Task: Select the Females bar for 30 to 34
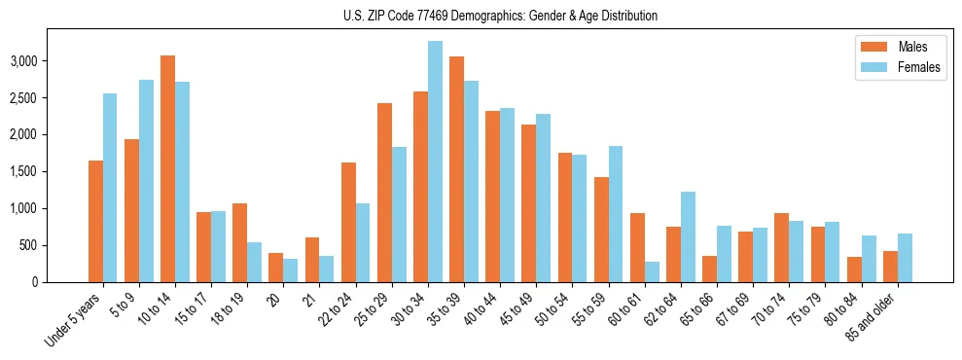point(435,162)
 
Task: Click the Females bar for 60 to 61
point(652,271)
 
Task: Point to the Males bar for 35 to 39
point(456,169)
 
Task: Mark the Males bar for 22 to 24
point(348,222)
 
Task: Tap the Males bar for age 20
point(275,268)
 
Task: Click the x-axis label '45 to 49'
point(517,311)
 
